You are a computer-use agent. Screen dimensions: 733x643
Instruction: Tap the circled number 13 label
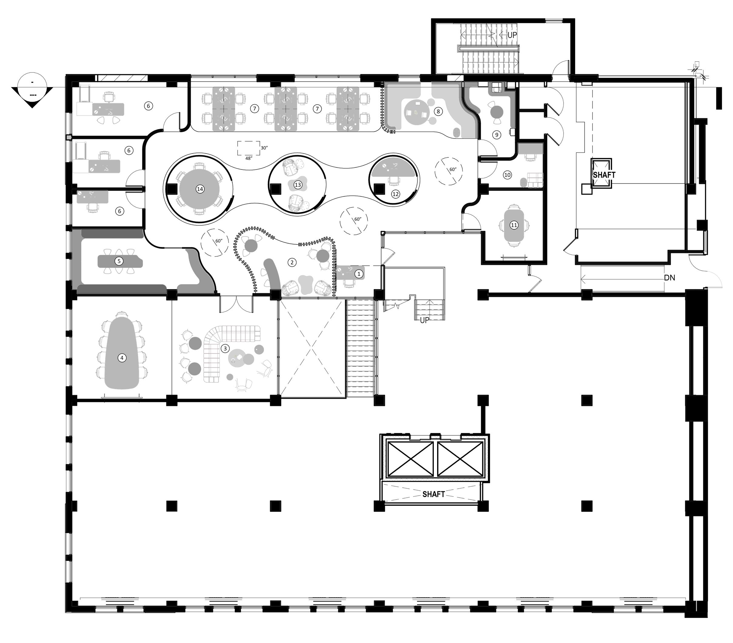pos(298,185)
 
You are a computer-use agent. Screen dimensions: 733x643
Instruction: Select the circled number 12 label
pos(396,194)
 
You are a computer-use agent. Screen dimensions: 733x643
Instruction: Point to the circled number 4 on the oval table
pos(122,358)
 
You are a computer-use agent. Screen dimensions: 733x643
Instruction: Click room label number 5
pos(119,261)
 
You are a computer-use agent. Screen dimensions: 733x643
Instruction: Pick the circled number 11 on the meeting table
pos(514,225)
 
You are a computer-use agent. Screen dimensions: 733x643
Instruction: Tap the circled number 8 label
pos(438,111)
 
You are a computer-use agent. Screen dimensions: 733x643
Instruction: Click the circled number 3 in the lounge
pos(225,348)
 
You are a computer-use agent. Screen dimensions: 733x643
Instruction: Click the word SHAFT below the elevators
pos(433,494)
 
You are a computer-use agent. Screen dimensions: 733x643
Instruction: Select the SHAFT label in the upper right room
pos(604,175)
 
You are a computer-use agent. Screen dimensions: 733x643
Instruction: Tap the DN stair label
pos(670,277)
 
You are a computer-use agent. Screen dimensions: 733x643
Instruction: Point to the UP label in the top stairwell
pos(512,35)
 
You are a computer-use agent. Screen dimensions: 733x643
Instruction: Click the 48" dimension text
pos(249,158)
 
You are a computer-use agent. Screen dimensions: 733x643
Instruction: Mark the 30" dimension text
pos(264,148)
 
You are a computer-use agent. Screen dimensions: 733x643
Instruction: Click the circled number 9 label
pos(497,135)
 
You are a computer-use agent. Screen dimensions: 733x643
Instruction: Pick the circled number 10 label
pos(507,175)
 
